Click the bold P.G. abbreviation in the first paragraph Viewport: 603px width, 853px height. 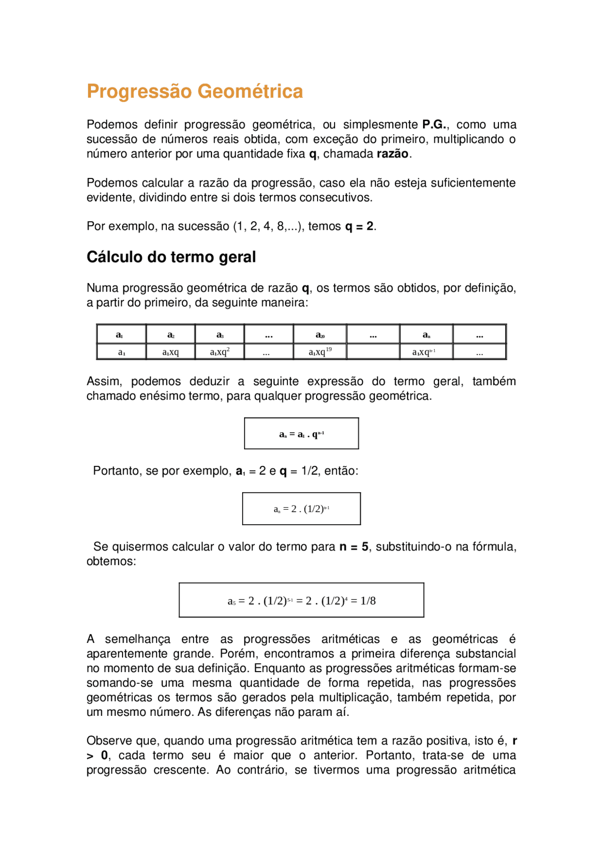[x=434, y=125]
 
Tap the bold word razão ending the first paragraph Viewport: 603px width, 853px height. [x=392, y=154]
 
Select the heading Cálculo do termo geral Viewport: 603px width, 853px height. [x=171, y=257]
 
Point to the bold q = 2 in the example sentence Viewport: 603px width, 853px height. [x=359, y=227]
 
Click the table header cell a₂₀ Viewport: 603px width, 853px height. [x=320, y=335]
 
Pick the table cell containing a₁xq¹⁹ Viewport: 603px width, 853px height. [x=320, y=352]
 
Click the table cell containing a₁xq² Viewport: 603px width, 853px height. [x=220, y=352]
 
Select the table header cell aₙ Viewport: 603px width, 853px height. [x=426, y=335]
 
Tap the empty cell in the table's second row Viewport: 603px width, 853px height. [x=373, y=352]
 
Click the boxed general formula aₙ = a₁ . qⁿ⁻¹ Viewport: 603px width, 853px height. [x=301, y=434]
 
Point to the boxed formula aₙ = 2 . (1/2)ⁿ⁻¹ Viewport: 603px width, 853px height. [x=301, y=509]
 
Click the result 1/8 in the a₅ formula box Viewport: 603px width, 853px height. [x=368, y=601]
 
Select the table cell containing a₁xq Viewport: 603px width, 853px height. [x=171, y=352]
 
